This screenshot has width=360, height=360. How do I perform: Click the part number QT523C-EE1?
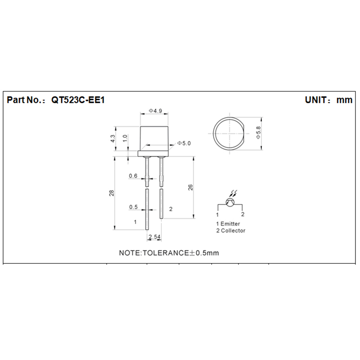click(78, 100)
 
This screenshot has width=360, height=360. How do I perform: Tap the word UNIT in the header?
click(315, 100)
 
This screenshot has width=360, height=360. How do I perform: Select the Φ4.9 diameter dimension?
click(156, 111)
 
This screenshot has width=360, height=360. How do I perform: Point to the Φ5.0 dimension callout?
click(184, 143)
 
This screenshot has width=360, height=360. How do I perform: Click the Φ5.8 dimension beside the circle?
click(259, 133)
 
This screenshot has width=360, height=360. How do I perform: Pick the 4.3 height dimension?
click(113, 138)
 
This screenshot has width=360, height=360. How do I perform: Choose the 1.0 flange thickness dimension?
click(125, 138)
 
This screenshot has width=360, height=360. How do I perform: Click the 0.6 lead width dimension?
click(133, 176)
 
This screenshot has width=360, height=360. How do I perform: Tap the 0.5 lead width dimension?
click(133, 207)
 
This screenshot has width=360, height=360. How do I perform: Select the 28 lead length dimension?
click(112, 193)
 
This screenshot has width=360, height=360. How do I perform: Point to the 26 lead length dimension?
click(190, 187)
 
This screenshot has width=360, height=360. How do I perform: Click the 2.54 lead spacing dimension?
click(154, 237)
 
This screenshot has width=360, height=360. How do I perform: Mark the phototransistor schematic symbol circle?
click(230, 202)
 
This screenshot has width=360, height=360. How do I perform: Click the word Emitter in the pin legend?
click(230, 224)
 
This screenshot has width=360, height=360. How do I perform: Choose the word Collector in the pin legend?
click(233, 231)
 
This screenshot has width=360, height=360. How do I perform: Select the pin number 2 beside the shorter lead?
click(171, 209)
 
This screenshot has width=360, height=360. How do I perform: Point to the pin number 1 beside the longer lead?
click(135, 222)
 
